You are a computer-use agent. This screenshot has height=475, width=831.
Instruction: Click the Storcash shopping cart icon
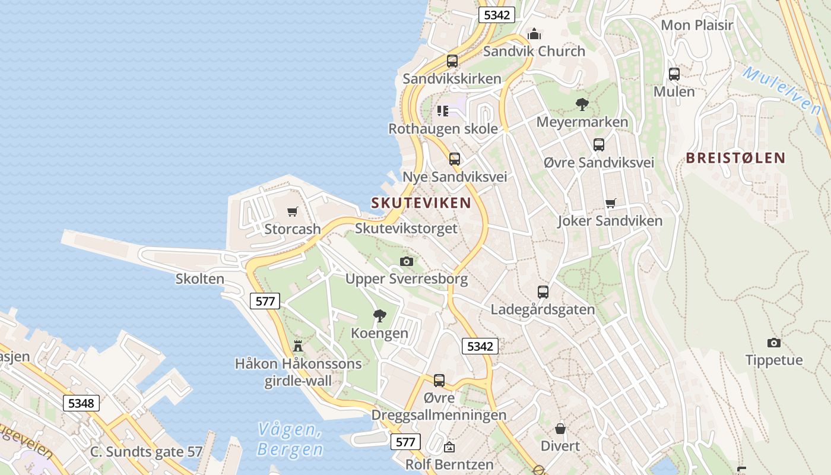pos(292,211)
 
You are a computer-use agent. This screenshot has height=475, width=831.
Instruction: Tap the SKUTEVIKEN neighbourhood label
pos(421,202)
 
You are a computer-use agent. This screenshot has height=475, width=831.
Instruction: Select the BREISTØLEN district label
pos(735,158)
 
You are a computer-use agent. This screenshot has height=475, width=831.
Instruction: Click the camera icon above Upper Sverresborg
pos(407,261)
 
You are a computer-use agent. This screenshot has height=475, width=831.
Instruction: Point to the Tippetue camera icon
pos(773,343)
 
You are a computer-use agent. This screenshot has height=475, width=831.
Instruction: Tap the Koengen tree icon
pos(379,315)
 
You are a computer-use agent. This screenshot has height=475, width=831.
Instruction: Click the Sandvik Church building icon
pos(534,34)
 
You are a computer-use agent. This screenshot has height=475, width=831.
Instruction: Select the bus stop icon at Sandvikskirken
pos(452,61)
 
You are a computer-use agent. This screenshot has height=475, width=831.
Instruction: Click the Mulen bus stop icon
pos(674,74)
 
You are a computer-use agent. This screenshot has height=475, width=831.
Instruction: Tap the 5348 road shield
pos(81,403)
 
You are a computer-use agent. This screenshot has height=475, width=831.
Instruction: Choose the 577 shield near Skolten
pos(265,301)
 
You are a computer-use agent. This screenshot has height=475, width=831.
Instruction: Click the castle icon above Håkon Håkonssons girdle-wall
pos(298,346)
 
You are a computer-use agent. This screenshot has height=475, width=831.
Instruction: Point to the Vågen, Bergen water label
pos(290,439)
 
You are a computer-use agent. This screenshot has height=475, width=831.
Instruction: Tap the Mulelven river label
pos(781,90)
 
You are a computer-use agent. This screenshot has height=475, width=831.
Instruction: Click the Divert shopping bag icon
pos(560,428)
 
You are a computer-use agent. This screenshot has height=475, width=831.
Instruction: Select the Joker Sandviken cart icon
pos(610,204)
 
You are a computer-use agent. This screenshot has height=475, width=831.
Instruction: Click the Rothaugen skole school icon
pos(443,111)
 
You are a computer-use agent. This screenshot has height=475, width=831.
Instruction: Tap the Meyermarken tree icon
pos(582,104)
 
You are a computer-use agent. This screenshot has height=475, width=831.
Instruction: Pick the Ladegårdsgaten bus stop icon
pos(543,292)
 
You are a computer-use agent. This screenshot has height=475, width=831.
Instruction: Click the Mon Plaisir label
pos(697,25)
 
